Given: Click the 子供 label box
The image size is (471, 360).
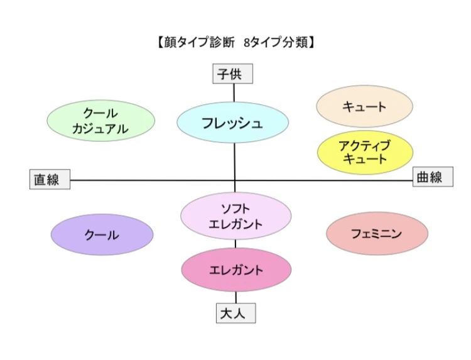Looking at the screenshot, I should [x=233, y=74].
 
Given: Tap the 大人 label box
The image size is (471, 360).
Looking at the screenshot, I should [x=235, y=313].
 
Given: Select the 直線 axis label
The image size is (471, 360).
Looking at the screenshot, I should [x=50, y=180].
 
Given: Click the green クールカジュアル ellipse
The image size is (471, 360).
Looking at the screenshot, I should [x=101, y=121].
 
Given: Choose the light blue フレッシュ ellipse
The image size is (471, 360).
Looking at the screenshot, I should [x=232, y=123].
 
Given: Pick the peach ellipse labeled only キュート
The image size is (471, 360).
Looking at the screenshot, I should [x=364, y=106].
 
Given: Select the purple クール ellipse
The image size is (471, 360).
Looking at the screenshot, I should [x=102, y=235].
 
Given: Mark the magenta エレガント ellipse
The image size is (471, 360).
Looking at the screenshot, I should [x=236, y=270].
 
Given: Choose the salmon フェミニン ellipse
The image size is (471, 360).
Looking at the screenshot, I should [x=377, y=234].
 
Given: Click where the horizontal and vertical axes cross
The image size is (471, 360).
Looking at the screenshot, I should [x=235, y=180].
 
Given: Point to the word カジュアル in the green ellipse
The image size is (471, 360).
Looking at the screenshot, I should [x=100, y=129].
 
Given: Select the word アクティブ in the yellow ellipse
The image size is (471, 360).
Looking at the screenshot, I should [x=365, y=146].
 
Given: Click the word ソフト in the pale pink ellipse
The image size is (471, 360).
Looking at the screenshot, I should [x=236, y=209].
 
